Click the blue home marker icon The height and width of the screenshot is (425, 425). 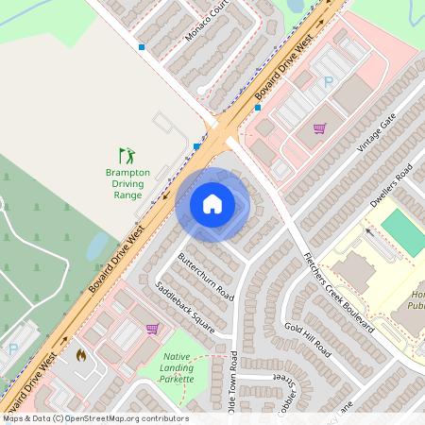click(x=212, y=203)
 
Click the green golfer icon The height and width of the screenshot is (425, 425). click(x=127, y=155)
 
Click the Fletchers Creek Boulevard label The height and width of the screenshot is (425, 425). click(x=337, y=293)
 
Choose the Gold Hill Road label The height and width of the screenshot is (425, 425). click(x=308, y=338)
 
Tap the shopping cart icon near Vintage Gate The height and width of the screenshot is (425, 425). click(x=319, y=128)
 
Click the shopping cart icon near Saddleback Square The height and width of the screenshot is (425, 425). click(x=152, y=329)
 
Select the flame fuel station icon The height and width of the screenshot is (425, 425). click(x=80, y=356)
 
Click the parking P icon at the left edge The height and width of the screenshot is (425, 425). click(x=12, y=348)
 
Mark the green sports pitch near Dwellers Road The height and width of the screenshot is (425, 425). click(x=402, y=232)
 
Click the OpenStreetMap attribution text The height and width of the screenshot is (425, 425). click(x=94, y=418)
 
